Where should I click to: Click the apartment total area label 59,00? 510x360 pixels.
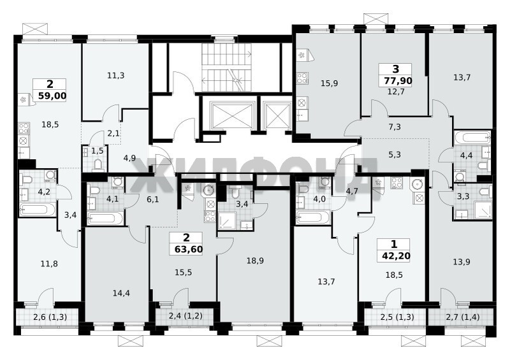tap(52, 96)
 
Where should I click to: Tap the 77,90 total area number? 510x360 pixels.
tap(398, 81)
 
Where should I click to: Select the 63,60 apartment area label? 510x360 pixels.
tap(189, 249)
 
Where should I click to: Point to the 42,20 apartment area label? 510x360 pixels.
tap(396, 256)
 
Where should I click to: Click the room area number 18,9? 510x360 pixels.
tap(255, 261)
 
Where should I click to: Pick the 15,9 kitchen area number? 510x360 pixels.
tap(329, 83)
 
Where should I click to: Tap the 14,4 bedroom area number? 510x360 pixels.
tap(121, 293)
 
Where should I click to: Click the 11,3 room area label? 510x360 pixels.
tap(116, 75)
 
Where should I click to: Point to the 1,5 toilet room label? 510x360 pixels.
tap(97, 150)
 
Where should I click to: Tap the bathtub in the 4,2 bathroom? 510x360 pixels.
tap(38, 209)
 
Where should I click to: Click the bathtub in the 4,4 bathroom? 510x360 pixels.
tap(472, 137)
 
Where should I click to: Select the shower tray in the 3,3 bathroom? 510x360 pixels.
tap(483, 210)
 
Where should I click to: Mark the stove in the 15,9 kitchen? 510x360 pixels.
tap(302, 78)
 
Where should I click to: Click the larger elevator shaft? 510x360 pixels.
tap(231, 115)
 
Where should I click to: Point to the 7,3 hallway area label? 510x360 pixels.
tap(394, 127)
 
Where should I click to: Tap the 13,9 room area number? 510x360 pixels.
tap(461, 261)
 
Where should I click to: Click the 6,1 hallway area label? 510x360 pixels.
tap(152, 199)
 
